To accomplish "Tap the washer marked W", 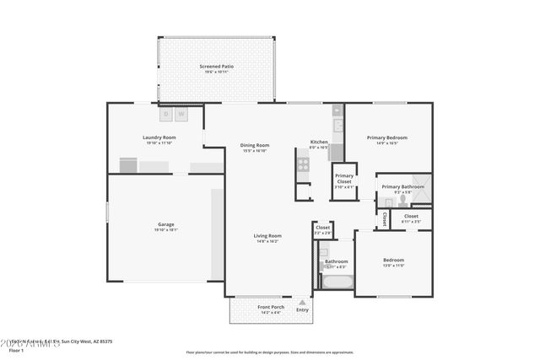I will [x=181, y=114].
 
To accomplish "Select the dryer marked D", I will [x=166, y=114].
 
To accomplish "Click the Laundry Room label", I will [x=159, y=137].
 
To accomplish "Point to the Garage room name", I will [x=165, y=224].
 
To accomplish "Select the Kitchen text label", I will [x=319, y=142].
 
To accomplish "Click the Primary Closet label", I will [x=343, y=179].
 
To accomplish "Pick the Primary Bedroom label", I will [x=387, y=137].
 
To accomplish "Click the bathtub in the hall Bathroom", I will [x=334, y=282].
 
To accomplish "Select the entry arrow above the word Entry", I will [x=302, y=301].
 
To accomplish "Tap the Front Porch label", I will [x=270, y=307].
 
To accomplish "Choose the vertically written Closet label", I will [x=385, y=218].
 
